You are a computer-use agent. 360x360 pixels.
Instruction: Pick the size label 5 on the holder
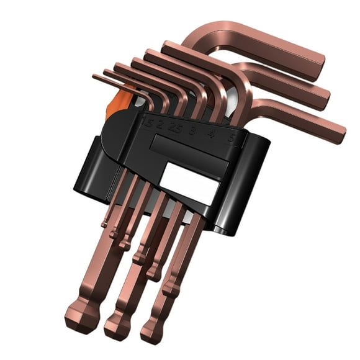pyautogui.click(x=231, y=138)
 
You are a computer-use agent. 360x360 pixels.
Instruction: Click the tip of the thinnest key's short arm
pyautogui.click(x=94, y=77)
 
